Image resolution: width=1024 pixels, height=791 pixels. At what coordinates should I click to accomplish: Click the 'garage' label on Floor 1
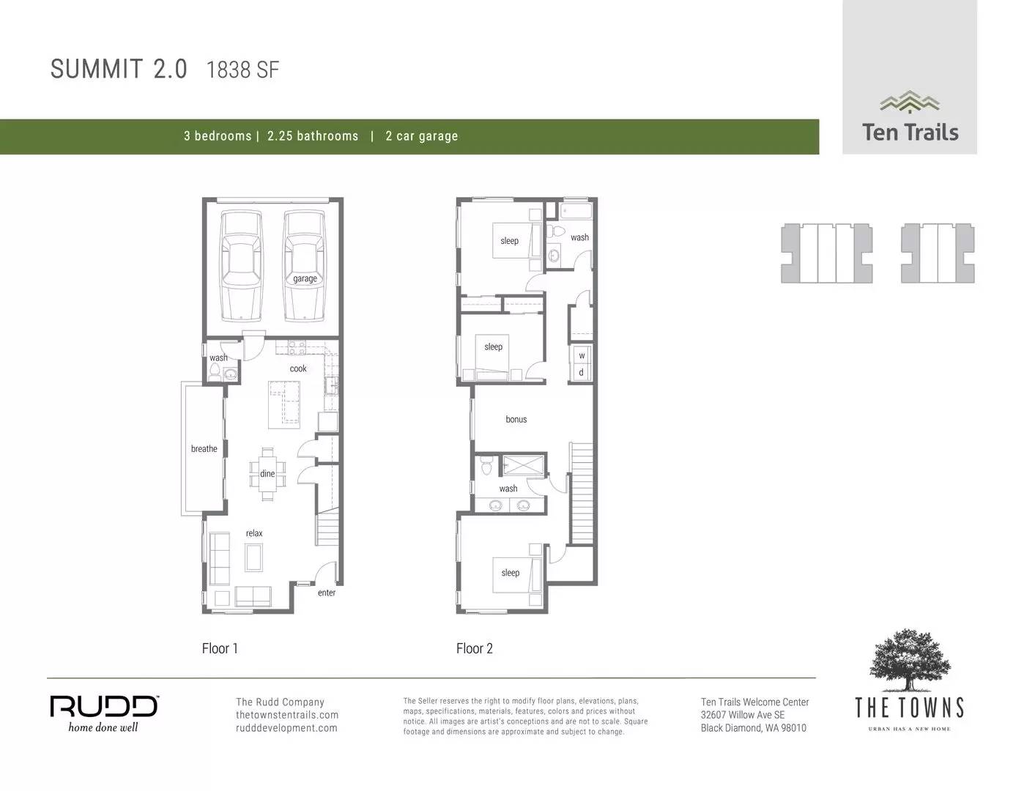305,279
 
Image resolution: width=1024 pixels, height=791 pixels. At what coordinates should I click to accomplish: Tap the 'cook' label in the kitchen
298,369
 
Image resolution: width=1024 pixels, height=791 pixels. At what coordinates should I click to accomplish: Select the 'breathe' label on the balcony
204,449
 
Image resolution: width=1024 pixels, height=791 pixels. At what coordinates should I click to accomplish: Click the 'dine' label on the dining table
267,474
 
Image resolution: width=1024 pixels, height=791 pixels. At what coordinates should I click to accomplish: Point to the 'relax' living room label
254,533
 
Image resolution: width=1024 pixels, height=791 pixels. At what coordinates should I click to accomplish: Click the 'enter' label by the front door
327,593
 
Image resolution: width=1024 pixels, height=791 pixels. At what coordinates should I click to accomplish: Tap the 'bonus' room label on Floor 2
516,420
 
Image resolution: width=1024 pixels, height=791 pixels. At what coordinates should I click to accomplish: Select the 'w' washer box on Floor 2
582,356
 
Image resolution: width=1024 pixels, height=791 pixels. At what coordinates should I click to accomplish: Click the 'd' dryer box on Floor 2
582,373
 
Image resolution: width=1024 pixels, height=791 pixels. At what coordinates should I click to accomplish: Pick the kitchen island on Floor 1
285,404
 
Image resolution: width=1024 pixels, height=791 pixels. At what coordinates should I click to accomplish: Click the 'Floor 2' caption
474,648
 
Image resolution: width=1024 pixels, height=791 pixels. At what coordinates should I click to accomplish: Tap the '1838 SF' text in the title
242,70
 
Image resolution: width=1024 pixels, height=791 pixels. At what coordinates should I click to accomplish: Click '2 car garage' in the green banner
421,136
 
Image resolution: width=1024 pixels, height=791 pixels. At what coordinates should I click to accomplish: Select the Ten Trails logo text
910,133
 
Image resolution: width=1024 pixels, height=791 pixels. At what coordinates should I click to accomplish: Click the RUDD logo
103,707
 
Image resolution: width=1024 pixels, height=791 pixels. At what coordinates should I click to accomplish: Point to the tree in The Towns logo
910,658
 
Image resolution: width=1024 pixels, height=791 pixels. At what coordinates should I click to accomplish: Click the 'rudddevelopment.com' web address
286,728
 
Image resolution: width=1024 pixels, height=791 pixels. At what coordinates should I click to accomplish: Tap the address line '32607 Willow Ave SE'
742,715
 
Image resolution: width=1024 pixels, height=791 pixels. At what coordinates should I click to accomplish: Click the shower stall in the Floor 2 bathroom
524,465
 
